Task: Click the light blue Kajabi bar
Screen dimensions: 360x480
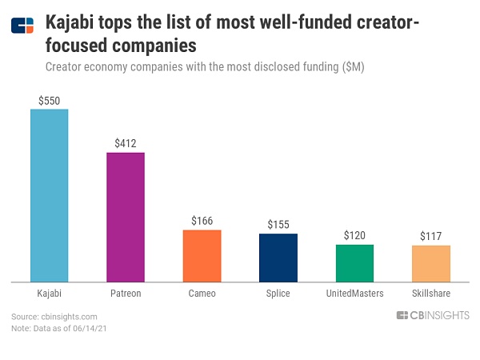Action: coord(49,195)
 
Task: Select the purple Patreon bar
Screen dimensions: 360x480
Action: coord(126,217)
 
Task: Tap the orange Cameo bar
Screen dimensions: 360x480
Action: coord(202,256)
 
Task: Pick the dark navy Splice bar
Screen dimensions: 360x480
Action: coord(278,258)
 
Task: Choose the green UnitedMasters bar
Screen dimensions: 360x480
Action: coord(354,263)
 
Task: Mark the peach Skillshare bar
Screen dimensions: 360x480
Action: coord(430,263)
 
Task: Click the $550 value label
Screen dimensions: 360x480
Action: coord(49,101)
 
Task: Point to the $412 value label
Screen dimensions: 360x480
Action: coord(126,144)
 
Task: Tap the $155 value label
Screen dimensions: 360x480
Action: coord(278,225)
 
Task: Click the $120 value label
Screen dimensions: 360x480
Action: coord(354,235)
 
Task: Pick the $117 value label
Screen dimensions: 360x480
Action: coord(430,237)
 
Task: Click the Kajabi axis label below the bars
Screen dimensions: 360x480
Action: coord(49,294)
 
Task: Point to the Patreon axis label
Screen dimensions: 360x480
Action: coord(126,294)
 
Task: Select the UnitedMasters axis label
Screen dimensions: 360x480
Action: coord(354,294)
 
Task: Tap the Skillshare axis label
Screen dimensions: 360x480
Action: coord(430,294)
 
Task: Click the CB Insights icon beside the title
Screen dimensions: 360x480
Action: coord(22,26)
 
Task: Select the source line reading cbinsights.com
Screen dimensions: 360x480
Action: coord(54,317)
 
